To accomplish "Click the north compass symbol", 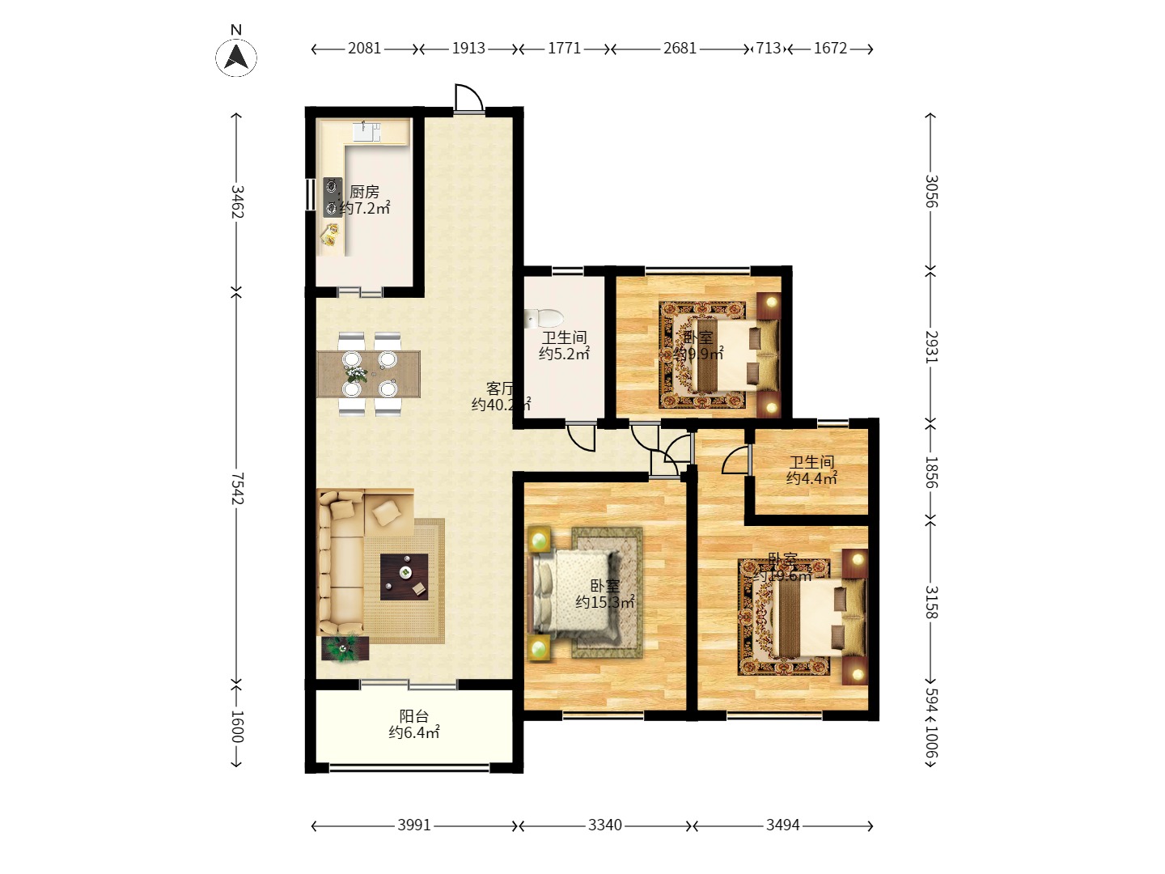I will coord(236,57).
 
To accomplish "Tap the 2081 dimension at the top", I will coord(364,49).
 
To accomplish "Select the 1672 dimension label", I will coord(830,49).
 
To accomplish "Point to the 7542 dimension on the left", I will coord(237,489).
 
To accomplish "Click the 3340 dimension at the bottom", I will coord(605,825).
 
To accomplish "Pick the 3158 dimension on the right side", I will coord(930,602).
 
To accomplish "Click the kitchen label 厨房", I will coord(364,192).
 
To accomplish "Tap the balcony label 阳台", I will coord(413,716).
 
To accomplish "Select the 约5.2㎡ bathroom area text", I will coord(564,354).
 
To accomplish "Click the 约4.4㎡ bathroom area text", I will coord(811,478).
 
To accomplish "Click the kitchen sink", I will coord(366,132).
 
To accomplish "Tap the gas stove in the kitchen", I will coord(332,197).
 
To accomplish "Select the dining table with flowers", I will coord(369,374).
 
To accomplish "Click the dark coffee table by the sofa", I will coord(405,576).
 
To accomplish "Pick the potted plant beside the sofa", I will coord(344,647).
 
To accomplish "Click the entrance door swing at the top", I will coord(468,98).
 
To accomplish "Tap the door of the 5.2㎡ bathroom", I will coord(581,437).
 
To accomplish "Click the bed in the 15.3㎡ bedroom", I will coord(574,592).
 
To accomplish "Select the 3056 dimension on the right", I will coord(930,191).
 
